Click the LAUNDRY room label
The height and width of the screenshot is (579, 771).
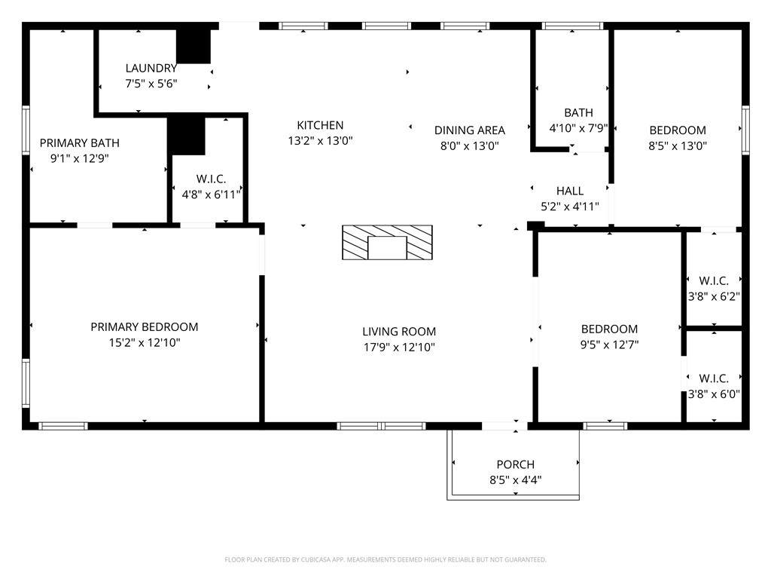[x=151, y=68]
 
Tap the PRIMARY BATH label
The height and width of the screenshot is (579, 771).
[x=80, y=142]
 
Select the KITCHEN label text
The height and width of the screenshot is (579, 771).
[x=320, y=125]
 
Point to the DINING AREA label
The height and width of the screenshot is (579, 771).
[x=470, y=130]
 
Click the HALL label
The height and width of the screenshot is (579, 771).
[x=570, y=191]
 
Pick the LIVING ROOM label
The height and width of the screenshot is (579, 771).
[x=399, y=332]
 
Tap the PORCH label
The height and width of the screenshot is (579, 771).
[x=515, y=464]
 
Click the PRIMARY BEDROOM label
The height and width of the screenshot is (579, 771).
[x=145, y=327]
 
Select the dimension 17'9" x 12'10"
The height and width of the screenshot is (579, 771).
[x=399, y=347]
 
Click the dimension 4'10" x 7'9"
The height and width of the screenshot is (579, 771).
[x=579, y=128]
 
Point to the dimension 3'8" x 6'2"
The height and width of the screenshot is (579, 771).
[x=714, y=296]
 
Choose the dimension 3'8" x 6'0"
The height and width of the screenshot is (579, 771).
[x=714, y=394]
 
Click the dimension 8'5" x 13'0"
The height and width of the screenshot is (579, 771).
[x=678, y=146]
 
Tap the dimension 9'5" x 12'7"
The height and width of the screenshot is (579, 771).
[x=610, y=345]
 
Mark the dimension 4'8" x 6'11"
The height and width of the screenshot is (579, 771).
[x=212, y=195]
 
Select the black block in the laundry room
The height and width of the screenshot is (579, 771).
[x=194, y=46]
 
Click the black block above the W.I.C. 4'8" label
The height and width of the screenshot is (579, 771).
[x=187, y=136]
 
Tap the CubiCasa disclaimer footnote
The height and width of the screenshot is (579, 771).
[x=385, y=559]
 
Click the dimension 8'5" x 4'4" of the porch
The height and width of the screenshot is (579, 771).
[x=515, y=480]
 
